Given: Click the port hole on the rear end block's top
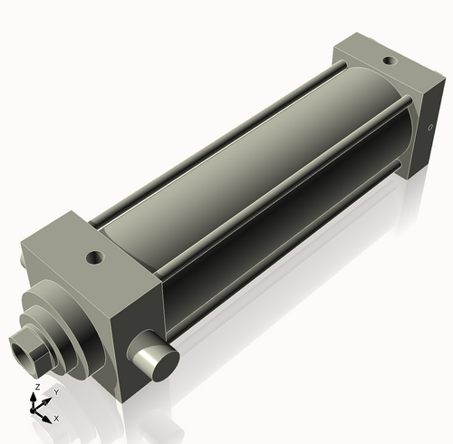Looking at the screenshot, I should point(390,63).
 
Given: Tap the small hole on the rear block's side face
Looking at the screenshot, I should point(429,129).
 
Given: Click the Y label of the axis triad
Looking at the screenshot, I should point(55,392).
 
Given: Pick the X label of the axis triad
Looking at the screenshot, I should point(56,419).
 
